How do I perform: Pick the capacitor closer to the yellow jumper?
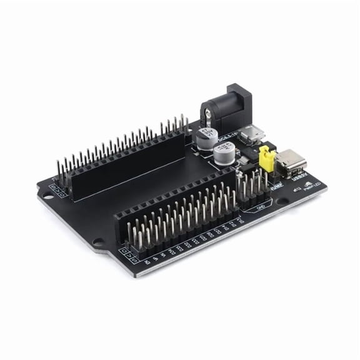coord(224,155)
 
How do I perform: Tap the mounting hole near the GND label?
coord(284,202)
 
